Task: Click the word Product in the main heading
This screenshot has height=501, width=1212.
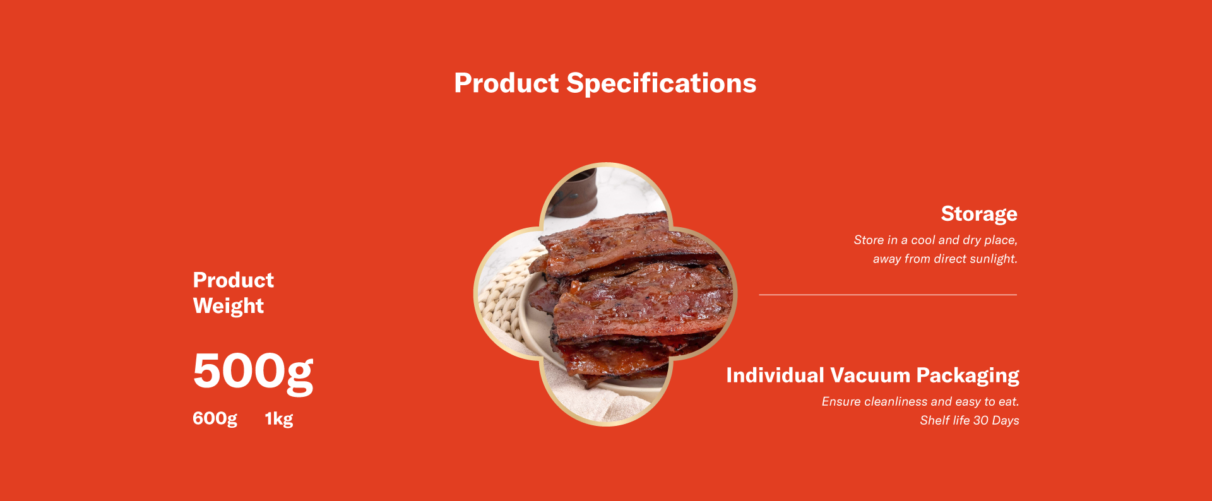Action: [x=506, y=83]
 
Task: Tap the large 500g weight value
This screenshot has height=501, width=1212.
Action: [x=253, y=372]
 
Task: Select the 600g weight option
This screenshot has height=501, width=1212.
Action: [x=215, y=419]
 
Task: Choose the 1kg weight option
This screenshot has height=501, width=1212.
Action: [x=279, y=419]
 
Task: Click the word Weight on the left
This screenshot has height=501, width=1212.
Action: [x=229, y=307]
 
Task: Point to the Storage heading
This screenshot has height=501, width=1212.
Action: [x=979, y=215]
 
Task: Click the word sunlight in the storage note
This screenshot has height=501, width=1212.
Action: [x=994, y=259]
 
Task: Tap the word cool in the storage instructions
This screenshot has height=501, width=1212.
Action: [x=923, y=240]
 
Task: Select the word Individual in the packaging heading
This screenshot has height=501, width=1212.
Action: [x=775, y=375]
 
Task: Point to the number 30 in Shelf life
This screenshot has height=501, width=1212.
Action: [x=981, y=420]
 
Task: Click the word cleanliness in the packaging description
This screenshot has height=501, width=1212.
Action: [x=896, y=401]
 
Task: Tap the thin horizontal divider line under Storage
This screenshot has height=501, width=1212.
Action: [x=888, y=295]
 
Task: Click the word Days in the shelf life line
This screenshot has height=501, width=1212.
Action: [x=1006, y=421]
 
